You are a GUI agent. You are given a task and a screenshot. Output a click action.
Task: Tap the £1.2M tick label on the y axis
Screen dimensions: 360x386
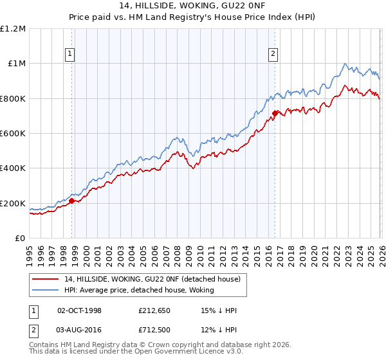coord(13,29)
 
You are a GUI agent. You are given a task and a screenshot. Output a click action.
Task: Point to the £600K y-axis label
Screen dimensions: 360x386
coord(13,134)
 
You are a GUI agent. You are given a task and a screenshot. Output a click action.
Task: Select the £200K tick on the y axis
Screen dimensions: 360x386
coord(13,204)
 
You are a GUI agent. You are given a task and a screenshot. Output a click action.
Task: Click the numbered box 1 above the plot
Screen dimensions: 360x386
coord(69,54)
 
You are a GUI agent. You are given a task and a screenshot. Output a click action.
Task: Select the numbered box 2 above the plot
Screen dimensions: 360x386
coord(273,54)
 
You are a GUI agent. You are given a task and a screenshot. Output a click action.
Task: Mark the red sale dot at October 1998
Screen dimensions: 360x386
coord(72,201)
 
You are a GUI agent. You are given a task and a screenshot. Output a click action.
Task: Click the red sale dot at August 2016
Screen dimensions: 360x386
coord(275,114)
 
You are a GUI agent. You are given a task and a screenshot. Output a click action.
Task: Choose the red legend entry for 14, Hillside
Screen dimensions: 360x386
coord(152,278)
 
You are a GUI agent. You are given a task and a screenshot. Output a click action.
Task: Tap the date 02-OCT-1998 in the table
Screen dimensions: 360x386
coord(80,310)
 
